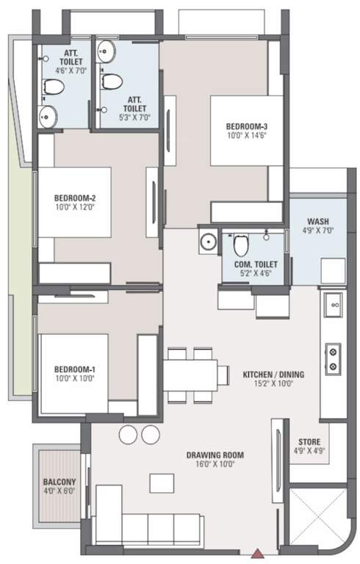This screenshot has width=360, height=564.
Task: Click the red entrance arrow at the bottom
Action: tap(258, 554)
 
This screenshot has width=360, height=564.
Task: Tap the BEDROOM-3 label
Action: tap(246, 126)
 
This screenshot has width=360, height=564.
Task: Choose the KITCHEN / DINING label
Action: tap(273, 374)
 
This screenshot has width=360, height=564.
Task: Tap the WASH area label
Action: tap(317, 221)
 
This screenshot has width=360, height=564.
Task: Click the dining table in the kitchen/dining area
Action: tap(191, 375)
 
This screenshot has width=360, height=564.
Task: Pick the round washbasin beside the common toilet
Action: tap(209, 240)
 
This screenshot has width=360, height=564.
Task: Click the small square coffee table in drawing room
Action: tap(161, 482)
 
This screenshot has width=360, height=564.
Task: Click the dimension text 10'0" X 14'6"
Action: tap(246, 136)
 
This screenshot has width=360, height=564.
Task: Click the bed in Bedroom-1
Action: tap(73, 373)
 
